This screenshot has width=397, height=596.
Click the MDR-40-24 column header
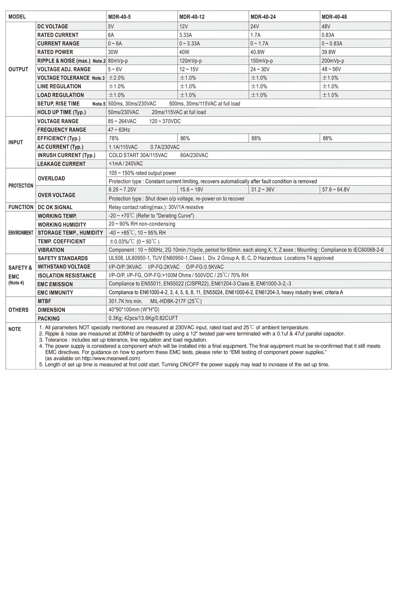click(x=263, y=17)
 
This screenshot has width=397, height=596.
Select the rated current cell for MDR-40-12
click(x=186, y=35)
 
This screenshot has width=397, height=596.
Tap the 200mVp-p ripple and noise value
click(x=333, y=61)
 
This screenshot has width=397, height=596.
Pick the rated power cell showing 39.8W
click(x=328, y=52)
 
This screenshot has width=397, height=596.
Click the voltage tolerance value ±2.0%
click(x=116, y=78)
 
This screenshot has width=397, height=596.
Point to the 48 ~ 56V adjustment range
click(x=331, y=69)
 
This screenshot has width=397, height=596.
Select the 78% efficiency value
click(x=114, y=138)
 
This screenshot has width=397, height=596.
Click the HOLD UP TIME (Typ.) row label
click(x=62, y=112)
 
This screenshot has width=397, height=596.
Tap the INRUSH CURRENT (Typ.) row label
click(x=66, y=155)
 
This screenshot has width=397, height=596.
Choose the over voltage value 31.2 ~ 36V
click(x=263, y=189)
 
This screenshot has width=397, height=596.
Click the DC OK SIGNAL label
click(x=55, y=207)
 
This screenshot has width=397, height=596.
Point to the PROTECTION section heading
click(x=21, y=186)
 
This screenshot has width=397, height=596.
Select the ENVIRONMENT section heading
click(x=21, y=233)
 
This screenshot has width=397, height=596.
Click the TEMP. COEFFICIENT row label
click(x=62, y=241)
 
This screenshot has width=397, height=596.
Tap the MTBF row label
click(x=44, y=301)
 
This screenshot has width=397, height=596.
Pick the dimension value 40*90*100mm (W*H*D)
click(x=134, y=310)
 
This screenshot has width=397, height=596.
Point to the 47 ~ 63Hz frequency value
click(x=119, y=130)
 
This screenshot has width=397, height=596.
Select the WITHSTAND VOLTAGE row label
click(x=64, y=266)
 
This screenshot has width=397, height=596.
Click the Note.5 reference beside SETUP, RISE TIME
click(x=99, y=104)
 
